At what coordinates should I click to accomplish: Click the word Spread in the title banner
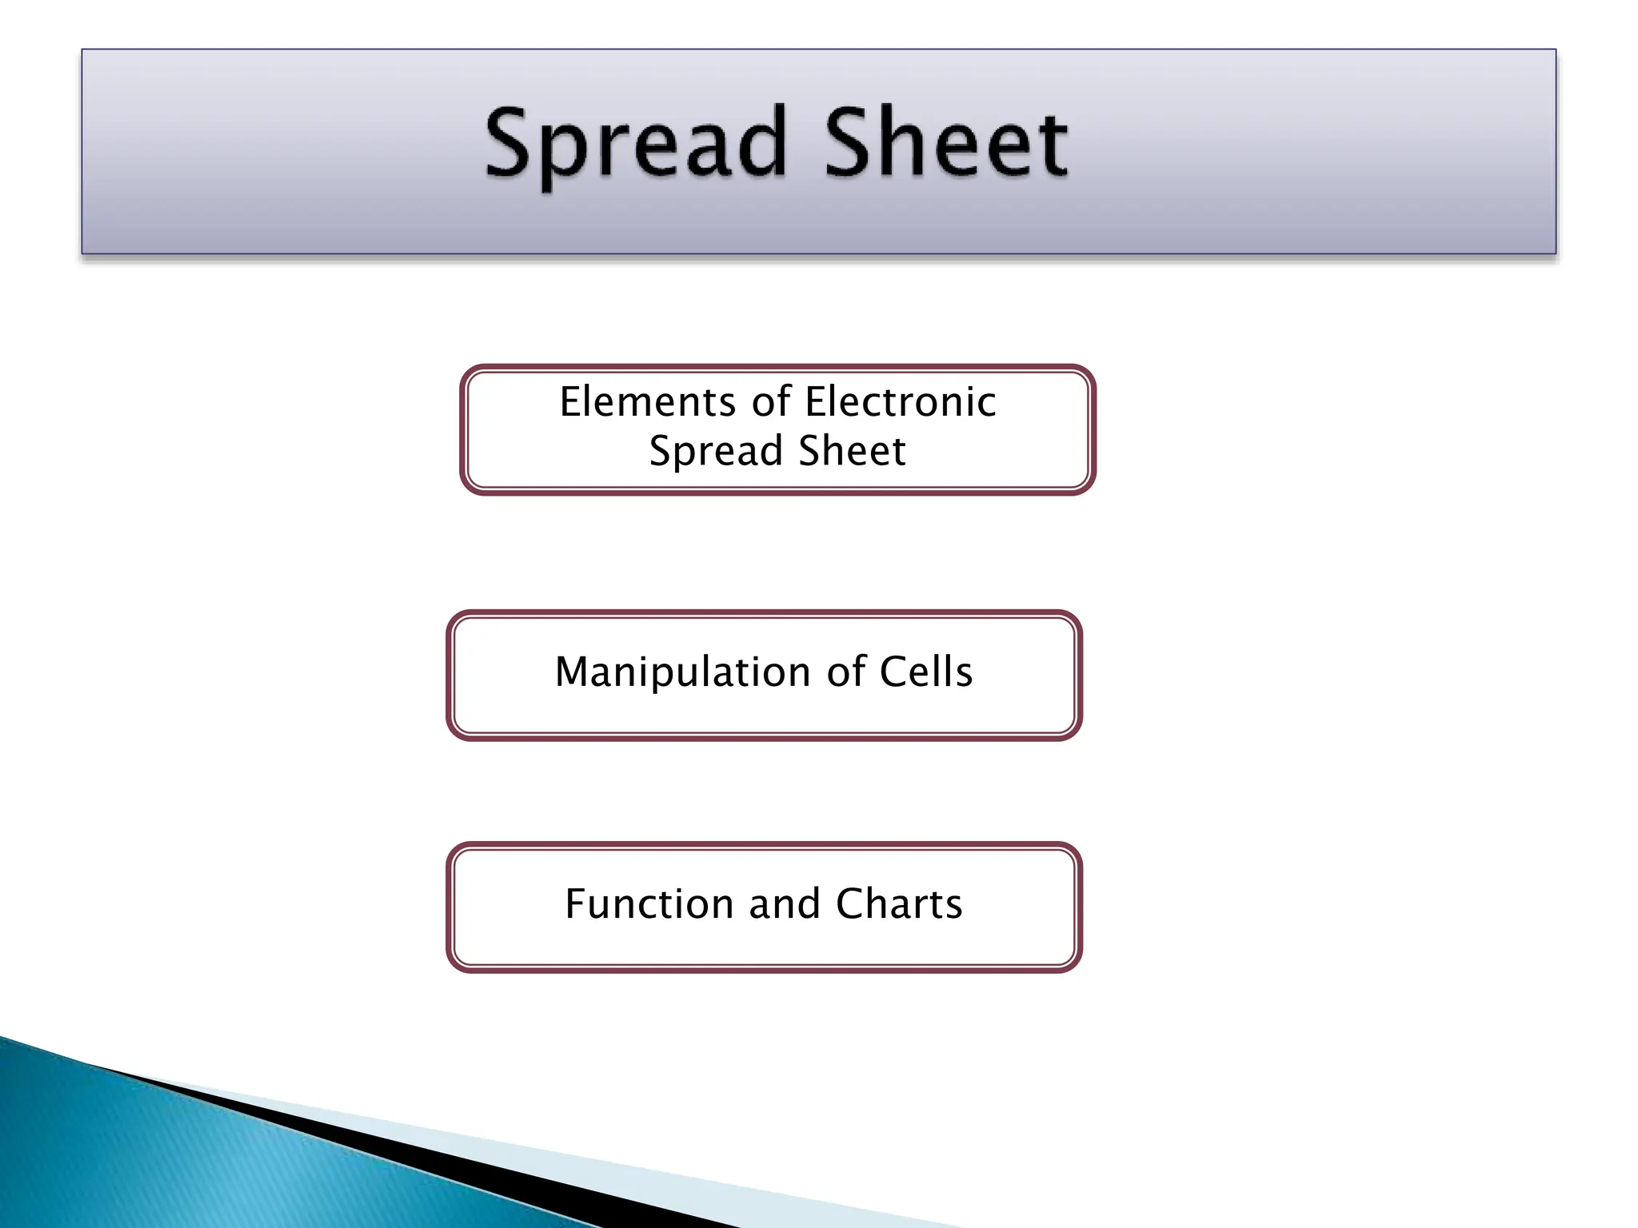tap(636, 144)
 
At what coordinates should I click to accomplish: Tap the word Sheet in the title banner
tap(945, 144)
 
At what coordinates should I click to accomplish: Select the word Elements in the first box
tap(647, 401)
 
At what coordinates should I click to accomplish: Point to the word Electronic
tap(901, 401)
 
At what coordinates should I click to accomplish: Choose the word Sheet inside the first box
tap(852, 450)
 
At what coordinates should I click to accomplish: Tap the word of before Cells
tap(846, 672)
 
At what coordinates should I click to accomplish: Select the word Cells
tap(926, 672)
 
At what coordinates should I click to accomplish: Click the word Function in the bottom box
tap(649, 904)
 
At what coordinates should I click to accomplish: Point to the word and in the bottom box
tap(785, 904)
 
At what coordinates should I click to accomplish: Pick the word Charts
tap(899, 904)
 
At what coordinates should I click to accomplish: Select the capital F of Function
tap(577, 904)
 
